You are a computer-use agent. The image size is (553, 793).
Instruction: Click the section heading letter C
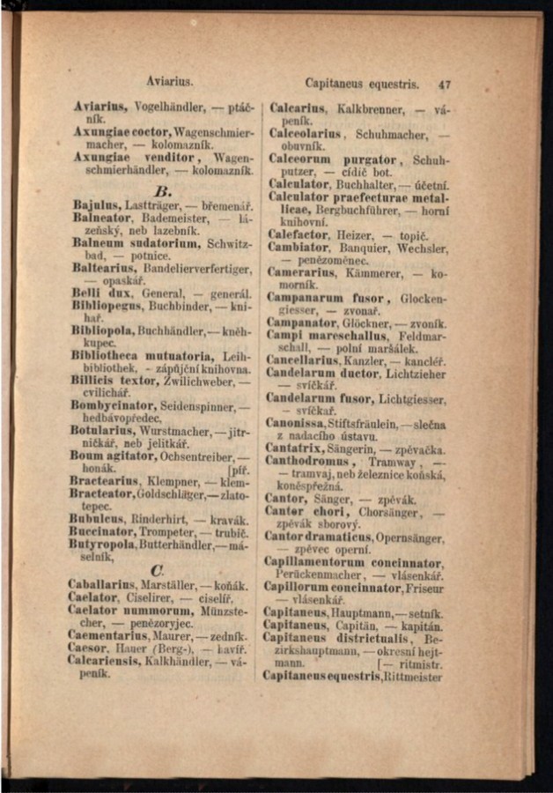[x=158, y=571]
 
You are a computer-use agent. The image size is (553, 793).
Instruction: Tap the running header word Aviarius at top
[x=170, y=81]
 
